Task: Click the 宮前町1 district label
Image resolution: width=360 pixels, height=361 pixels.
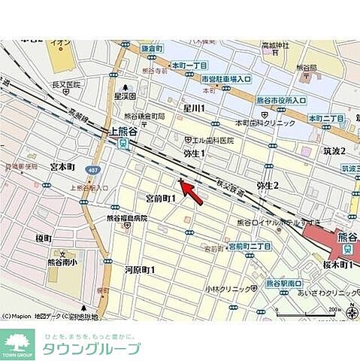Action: (x=160, y=199)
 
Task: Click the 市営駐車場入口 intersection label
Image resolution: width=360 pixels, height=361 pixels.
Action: (x=205, y=78)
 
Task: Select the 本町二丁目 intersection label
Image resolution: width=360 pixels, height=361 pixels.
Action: (x=326, y=119)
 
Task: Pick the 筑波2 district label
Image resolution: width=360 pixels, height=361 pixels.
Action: (x=334, y=150)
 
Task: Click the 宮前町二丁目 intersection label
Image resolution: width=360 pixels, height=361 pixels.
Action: (x=249, y=246)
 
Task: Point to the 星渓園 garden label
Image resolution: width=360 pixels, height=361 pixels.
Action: (x=125, y=96)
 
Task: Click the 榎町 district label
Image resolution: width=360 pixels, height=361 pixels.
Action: (x=43, y=238)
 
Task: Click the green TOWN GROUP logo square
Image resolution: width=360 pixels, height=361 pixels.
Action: (x=18, y=344)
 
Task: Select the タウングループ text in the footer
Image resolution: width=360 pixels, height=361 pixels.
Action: (x=93, y=348)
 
